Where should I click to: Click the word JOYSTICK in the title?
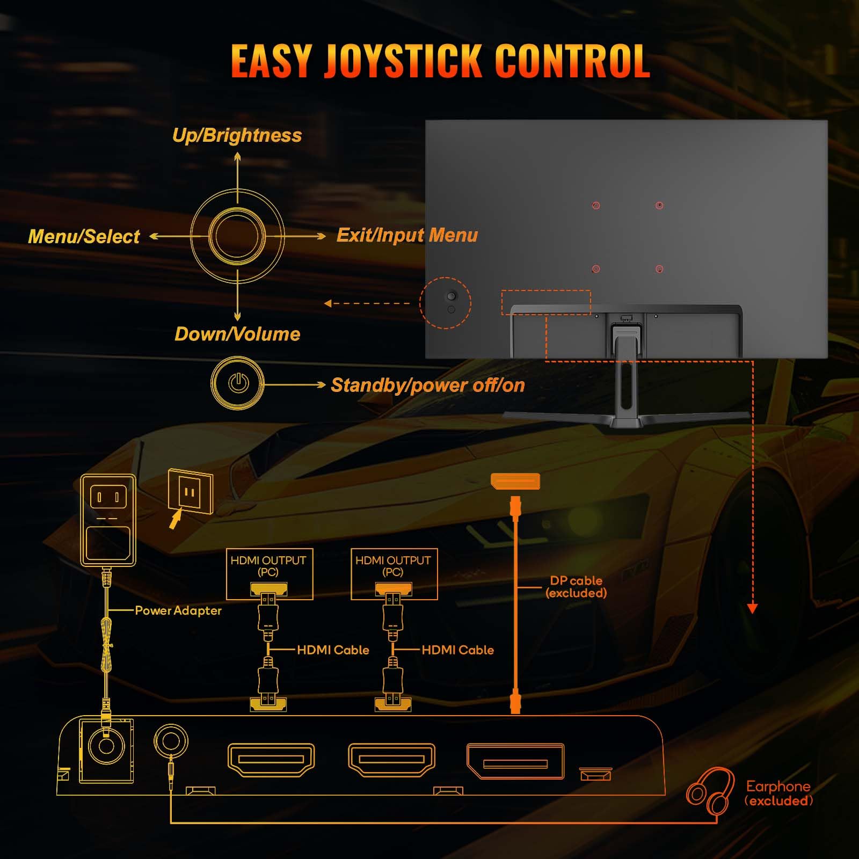click(x=403, y=61)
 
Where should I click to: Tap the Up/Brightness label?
click(x=237, y=135)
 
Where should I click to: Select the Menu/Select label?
click(x=84, y=236)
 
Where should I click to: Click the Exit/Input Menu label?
click(x=407, y=235)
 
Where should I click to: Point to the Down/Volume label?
click(x=237, y=334)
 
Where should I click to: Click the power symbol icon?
click(x=238, y=383)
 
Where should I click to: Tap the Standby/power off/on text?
click(x=427, y=385)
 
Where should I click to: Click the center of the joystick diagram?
click(x=237, y=236)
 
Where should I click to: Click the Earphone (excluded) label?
click(x=778, y=793)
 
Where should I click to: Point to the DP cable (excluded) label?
click(x=576, y=587)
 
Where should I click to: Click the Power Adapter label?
click(x=178, y=610)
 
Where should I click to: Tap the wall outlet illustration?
click(x=190, y=491)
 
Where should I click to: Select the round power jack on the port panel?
click(x=106, y=747)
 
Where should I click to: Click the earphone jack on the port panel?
click(x=171, y=741)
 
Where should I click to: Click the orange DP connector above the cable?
click(x=515, y=481)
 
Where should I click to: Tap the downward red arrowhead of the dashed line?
click(x=752, y=608)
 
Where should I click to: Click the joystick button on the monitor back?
click(x=451, y=296)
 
